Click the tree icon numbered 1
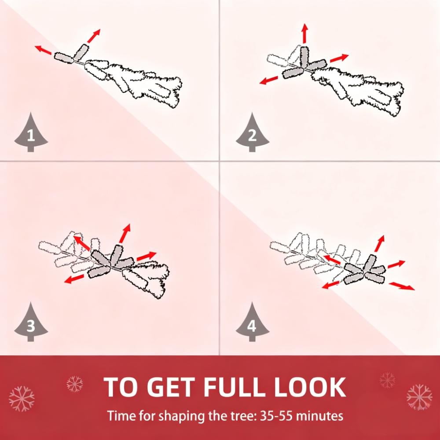pyautogui.click(x=31, y=133)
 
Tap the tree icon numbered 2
pyautogui.click(x=252, y=133)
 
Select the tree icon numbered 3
pyautogui.click(x=31, y=323)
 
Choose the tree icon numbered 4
pyautogui.click(x=252, y=323)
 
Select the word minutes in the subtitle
pyautogui.click(x=319, y=416)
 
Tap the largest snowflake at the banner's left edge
pyautogui.click(x=22, y=399)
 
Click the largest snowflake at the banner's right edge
pyautogui.click(x=419, y=397)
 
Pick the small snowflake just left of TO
pyautogui.click(x=75, y=384)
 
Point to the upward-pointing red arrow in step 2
pyautogui.click(x=305, y=34)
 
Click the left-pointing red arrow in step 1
pyautogui.click(x=43, y=50)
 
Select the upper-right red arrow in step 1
pyautogui.click(x=94, y=36)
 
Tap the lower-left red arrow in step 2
pyautogui.click(x=269, y=80)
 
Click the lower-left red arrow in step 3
pyautogui.click(x=74, y=279)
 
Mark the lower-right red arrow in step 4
pyautogui.click(x=402, y=286)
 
